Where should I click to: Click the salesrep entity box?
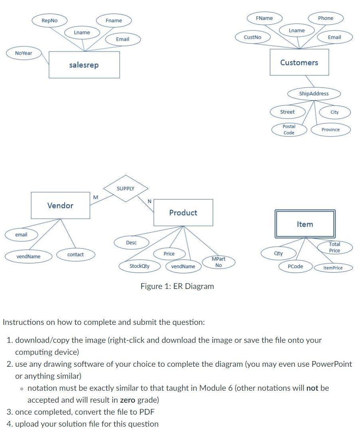[84, 65]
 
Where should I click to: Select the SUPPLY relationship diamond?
[126, 188]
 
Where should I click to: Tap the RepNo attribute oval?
[49, 20]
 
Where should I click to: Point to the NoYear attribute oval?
[24, 53]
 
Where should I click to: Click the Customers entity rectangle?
[299, 62]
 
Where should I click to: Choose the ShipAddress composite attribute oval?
[314, 93]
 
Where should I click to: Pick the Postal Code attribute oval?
[289, 130]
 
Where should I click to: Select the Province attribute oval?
[330, 130]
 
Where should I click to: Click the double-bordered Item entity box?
[305, 224]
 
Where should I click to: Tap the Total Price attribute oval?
[334, 247]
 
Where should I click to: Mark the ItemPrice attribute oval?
[333, 268]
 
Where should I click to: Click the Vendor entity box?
[60, 205]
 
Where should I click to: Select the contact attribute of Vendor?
[75, 255]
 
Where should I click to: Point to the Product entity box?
[183, 213]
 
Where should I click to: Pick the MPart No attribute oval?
[218, 262]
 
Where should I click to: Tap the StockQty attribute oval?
[139, 266]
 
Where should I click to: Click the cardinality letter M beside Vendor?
[95, 197]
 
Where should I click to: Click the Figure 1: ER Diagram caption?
[177, 286]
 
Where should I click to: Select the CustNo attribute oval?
[253, 37]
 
